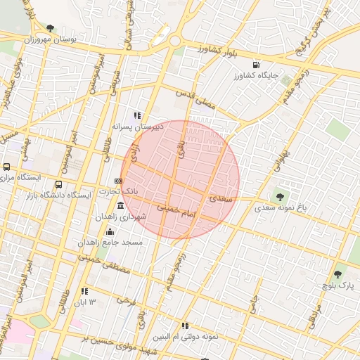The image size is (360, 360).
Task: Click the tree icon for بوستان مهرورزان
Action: pos(50,28)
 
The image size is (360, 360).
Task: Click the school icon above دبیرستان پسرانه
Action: pos(138,115)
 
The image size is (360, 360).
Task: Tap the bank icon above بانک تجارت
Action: pos(118,181)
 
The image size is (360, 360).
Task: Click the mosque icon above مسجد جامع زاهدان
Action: pos(110,231)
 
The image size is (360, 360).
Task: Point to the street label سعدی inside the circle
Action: pos(220,198)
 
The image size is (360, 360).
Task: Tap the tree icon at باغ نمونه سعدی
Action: pos(281,197)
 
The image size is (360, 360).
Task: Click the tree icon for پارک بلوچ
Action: pos(337,274)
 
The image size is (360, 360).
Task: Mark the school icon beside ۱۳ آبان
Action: pos(84,291)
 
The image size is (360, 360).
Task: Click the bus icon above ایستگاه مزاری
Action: pos(7,167)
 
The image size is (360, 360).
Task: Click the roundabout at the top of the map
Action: pos(174,41)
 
